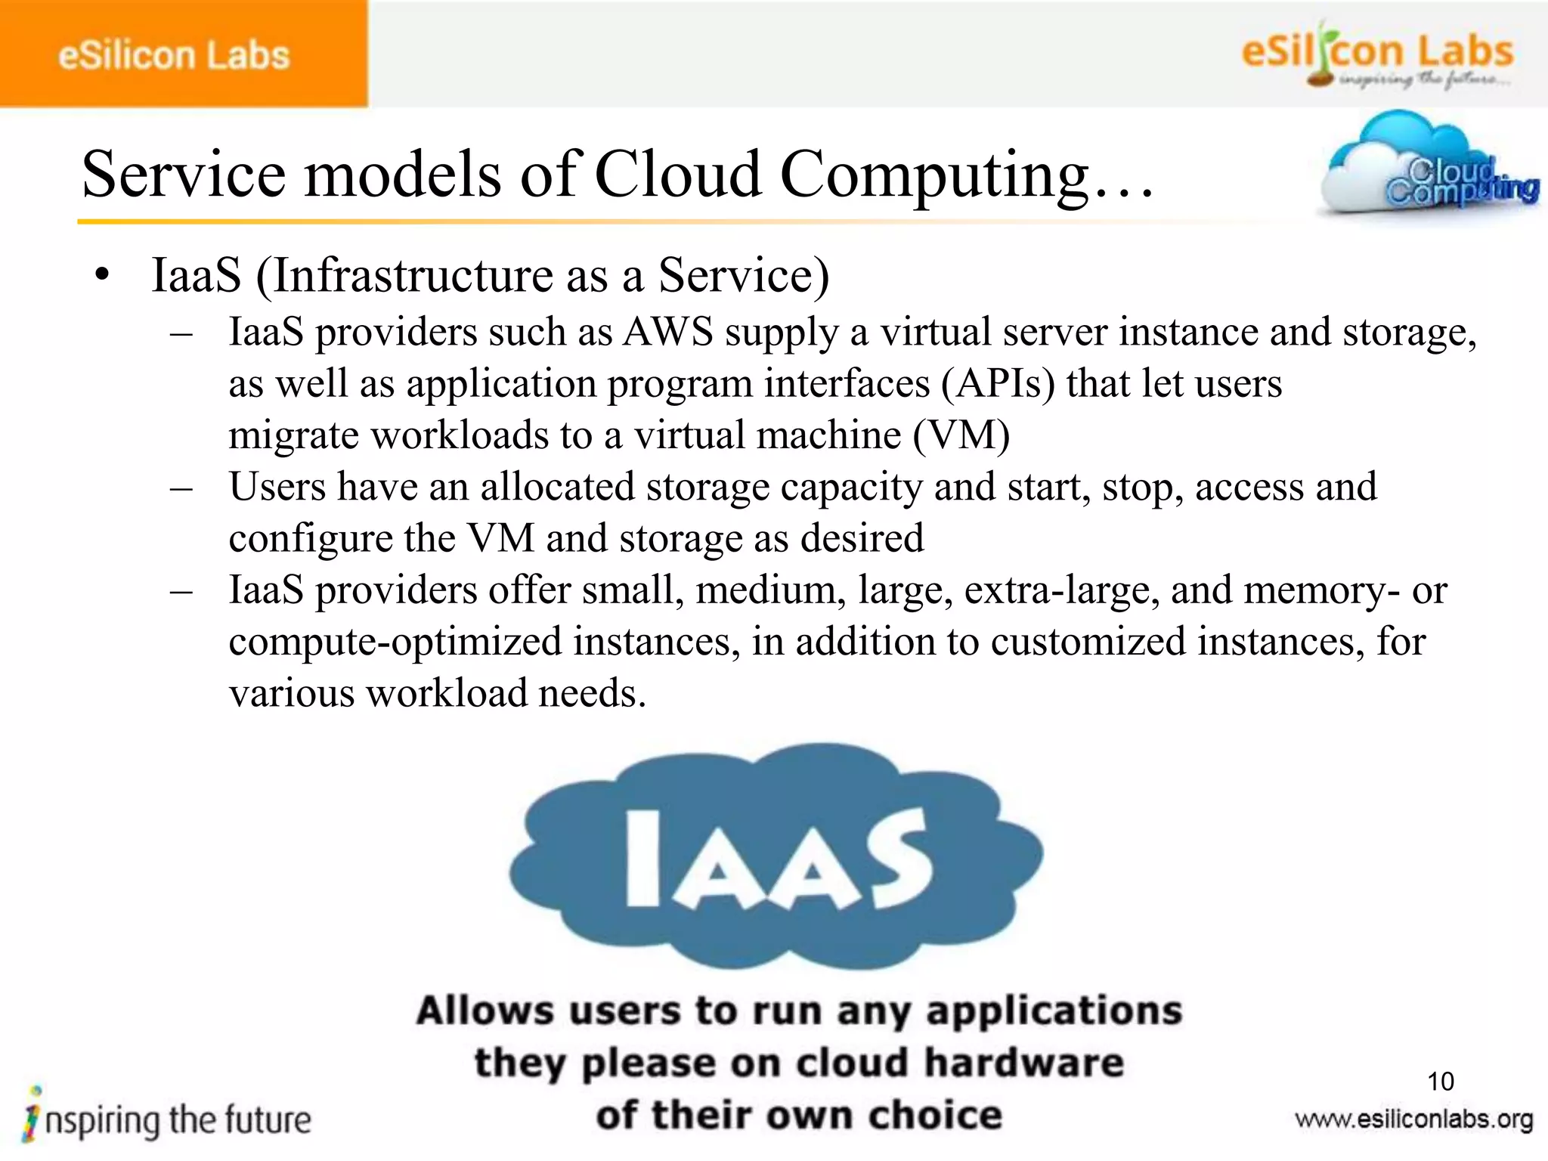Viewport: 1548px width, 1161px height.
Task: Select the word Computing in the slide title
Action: [x=934, y=175]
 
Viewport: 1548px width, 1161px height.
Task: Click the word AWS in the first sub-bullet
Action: [x=668, y=333]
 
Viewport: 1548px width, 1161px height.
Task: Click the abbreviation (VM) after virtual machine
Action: [x=961, y=436]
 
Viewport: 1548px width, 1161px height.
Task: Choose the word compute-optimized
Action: [x=395, y=642]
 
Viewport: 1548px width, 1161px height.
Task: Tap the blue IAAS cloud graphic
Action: [x=776, y=857]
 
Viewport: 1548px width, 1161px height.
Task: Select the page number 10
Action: [x=1441, y=1082]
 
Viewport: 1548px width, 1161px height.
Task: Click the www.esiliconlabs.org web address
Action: [x=1413, y=1119]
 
